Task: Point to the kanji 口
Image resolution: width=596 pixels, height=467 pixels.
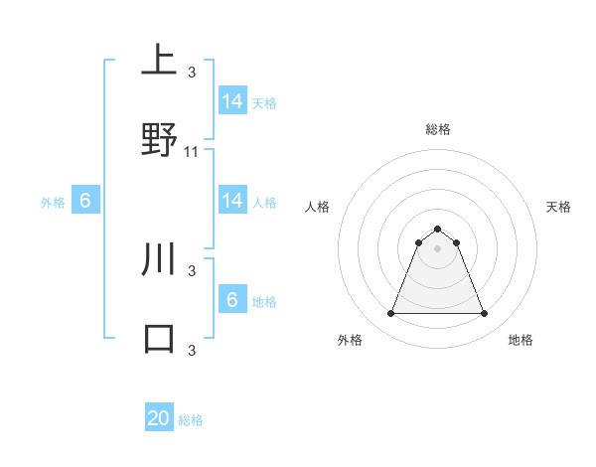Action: coord(159,338)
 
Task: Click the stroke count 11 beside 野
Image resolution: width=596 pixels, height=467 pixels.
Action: coord(192,152)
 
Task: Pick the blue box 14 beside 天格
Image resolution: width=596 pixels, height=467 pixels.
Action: coord(232,101)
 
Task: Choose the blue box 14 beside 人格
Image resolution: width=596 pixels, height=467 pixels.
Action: coord(232,201)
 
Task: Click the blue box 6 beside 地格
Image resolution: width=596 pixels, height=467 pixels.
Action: coord(232,300)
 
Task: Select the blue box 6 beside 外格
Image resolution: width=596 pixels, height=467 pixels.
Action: coord(85,201)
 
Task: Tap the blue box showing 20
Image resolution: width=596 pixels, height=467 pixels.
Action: coord(159,418)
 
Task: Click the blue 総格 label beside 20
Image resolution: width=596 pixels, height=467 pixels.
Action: coord(191,420)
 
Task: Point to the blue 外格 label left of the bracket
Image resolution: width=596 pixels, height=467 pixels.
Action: coord(53,203)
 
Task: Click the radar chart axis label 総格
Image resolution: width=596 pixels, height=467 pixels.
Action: coord(437,129)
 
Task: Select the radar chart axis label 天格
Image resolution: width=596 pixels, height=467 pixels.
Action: coord(558,207)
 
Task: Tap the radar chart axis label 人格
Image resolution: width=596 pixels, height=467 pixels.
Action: coord(318,207)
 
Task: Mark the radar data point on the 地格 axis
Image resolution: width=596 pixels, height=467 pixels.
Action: coord(485,314)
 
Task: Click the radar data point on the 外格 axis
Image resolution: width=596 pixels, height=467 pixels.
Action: coord(390,314)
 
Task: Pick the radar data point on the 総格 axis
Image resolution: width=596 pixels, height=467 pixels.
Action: coord(437,229)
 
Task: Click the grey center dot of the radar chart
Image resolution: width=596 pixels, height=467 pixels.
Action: coord(437,248)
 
